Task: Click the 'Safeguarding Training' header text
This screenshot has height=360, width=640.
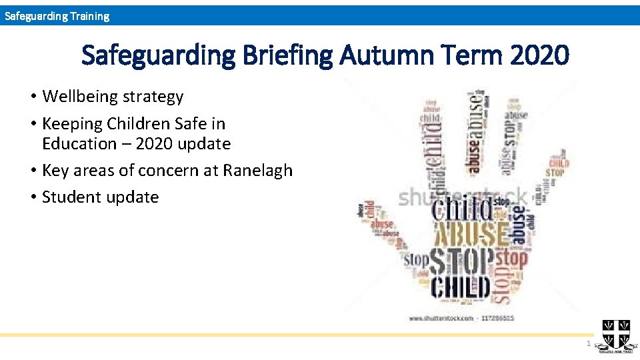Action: coord(57,16)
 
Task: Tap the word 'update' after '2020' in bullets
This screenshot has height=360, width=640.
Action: coord(205,144)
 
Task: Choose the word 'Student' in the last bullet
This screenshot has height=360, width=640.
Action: coord(70,197)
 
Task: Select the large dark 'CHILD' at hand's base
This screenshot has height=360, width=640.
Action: coord(461,288)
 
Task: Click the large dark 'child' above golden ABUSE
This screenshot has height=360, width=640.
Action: coord(464,210)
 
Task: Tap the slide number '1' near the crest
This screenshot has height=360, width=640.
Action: coord(588,343)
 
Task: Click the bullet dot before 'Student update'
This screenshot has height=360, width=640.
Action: coord(33,197)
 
